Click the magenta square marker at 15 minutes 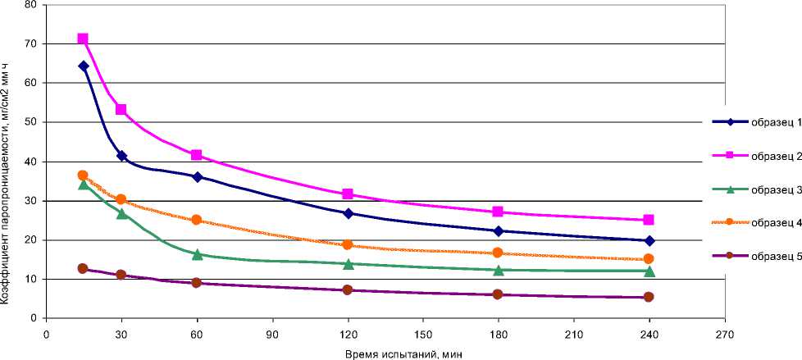click(x=83, y=39)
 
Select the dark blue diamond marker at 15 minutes click(x=83, y=66)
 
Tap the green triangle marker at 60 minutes click(x=197, y=254)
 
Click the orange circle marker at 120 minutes click(x=348, y=244)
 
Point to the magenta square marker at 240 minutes click(x=649, y=220)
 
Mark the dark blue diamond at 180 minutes click(x=499, y=231)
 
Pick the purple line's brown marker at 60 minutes click(x=197, y=282)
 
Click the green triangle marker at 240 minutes click(x=649, y=271)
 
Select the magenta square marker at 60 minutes click(x=197, y=155)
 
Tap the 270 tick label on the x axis click(x=724, y=333)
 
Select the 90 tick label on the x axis click(x=272, y=333)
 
